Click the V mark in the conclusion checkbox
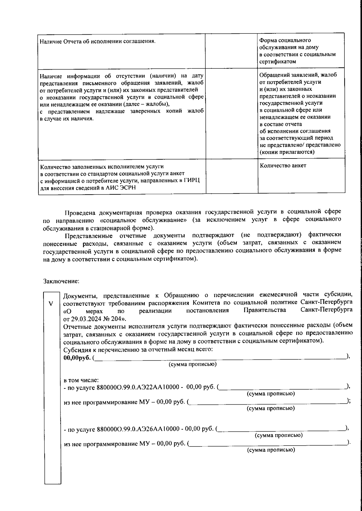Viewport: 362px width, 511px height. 51,303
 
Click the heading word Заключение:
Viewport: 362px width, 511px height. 61,281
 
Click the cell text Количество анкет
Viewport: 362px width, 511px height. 283,165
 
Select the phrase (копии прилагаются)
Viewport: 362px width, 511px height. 287,152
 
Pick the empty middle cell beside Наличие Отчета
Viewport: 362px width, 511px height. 231,51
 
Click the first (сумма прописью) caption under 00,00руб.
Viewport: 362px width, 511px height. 192,364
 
